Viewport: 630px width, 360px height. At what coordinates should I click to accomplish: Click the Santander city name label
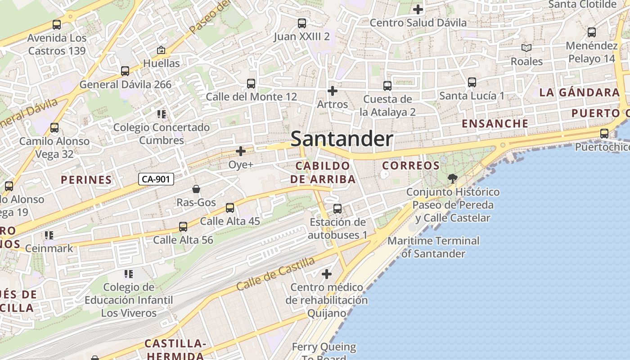[342, 139]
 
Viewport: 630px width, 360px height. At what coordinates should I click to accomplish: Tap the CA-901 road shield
[156, 179]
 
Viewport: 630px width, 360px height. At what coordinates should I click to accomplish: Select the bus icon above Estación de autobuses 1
[337, 209]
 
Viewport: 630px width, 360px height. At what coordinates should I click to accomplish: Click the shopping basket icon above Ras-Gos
[196, 189]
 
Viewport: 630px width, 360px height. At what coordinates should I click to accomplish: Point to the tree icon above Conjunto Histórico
[453, 179]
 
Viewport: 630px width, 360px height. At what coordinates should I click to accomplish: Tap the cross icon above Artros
[333, 91]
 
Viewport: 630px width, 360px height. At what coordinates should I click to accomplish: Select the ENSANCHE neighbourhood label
[495, 123]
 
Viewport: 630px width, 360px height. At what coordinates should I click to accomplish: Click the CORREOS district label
[411, 166]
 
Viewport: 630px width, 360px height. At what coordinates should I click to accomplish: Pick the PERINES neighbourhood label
[86, 180]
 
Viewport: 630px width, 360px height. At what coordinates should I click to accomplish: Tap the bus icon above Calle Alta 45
[230, 208]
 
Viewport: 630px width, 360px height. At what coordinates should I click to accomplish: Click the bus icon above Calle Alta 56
[183, 227]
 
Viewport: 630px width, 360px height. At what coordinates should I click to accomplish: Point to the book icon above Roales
[526, 48]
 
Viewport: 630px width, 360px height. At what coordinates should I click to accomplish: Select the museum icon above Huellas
[161, 50]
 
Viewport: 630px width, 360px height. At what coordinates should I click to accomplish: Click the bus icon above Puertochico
[604, 134]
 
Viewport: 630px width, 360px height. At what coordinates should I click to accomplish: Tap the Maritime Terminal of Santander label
[433, 247]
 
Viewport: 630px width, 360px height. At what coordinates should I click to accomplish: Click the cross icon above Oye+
[241, 151]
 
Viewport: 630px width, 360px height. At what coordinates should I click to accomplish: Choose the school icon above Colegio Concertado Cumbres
[162, 114]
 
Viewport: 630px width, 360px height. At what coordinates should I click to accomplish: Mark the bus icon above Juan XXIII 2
[302, 23]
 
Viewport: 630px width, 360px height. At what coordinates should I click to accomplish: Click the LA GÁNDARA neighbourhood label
[580, 93]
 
